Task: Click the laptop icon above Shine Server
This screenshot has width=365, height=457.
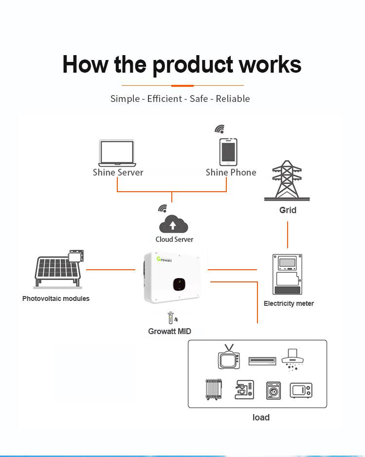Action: (117, 153)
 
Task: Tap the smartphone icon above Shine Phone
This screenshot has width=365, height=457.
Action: (228, 152)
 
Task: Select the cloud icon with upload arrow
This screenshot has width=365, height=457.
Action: (174, 224)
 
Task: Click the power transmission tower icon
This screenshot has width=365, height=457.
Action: (287, 180)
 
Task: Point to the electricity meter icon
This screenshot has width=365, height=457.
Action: (287, 274)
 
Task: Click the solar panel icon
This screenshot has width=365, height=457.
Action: (59, 269)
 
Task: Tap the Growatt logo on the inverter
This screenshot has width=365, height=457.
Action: (164, 259)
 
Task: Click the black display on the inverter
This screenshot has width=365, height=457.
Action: (179, 284)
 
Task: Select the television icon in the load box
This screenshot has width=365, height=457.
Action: (229, 357)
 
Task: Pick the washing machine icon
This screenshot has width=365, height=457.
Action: (274, 391)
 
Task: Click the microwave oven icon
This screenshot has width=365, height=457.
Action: (301, 391)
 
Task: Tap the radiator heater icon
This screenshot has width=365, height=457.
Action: (214, 389)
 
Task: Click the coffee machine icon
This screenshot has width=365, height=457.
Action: (244, 390)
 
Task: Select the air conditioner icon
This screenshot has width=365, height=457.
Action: (262, 361)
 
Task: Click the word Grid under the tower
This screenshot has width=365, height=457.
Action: (288, 210)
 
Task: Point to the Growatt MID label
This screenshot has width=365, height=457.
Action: (169, 331)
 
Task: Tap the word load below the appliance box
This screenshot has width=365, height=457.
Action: (261, 417)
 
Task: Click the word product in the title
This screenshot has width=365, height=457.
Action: (193, 65)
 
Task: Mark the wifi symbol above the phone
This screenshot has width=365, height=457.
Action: (220, 129)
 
